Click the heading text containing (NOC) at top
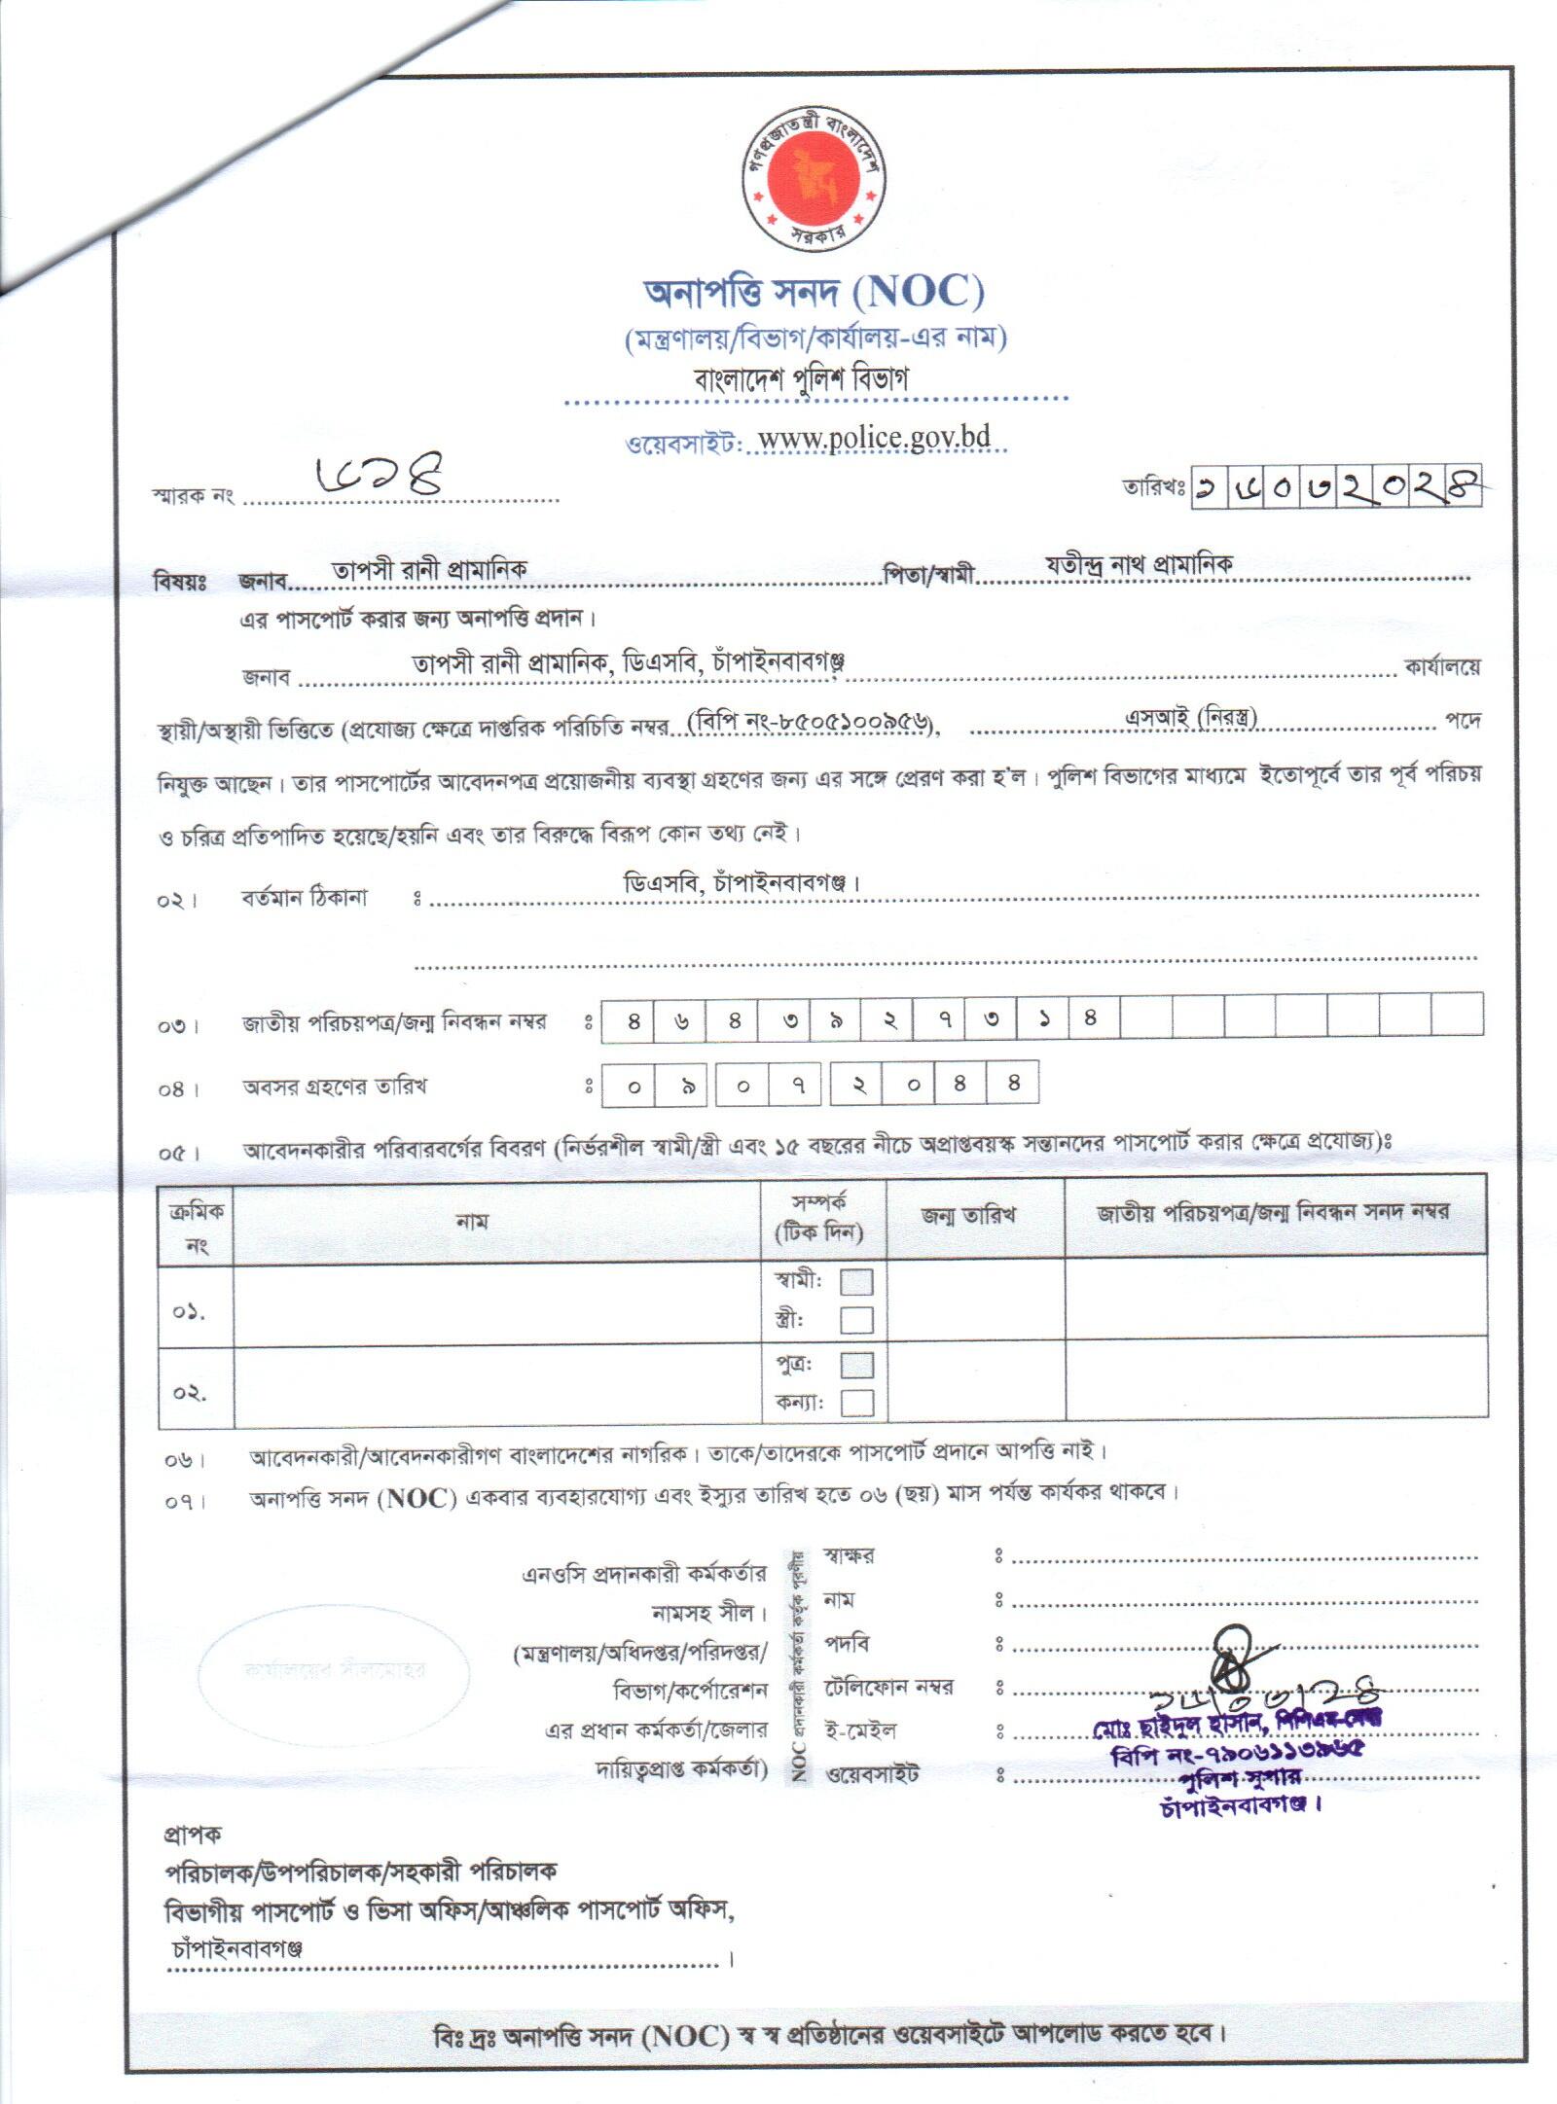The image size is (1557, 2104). click(x=814, y=291)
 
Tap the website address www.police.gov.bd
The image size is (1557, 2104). click(x=874, y=438)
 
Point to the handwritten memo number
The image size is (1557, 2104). click(x=380, y=476)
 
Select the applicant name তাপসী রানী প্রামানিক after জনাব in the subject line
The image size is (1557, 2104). click(x=429, y=570)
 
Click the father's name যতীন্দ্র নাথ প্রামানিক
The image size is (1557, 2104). click(x=1140, y=564)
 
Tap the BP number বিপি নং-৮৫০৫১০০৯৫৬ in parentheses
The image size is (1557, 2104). click(x=813, y=723)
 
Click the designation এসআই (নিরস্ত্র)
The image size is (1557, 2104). click(x=1191, y=718)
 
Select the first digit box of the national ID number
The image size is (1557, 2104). click(x=634, y=1020)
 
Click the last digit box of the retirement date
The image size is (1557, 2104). click(x=1013, y=1083)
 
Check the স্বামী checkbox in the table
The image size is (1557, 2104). click(x=856, y=1282)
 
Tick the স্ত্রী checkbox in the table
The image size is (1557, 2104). click(x=856, y=1320)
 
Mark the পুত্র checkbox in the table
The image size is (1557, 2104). click(x=856, y=1365)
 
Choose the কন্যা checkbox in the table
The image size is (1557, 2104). click(x=856, y=1403)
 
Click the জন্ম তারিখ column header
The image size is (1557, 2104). click(x=969, y=1215)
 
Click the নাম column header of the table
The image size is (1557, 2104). click(x=472, y=1221)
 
